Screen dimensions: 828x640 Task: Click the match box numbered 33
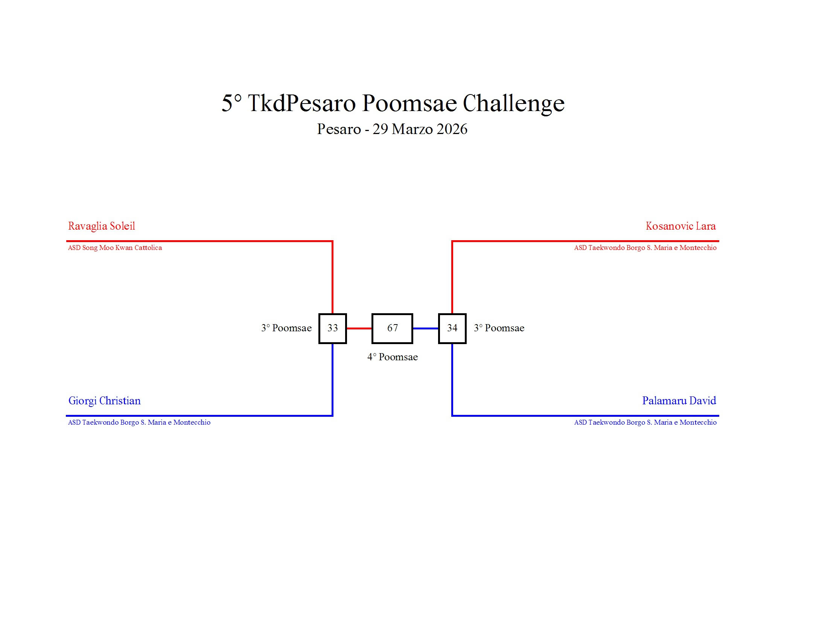(332, 328)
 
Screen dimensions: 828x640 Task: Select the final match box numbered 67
(393, 328)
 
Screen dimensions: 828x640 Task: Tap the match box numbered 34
(452, 328)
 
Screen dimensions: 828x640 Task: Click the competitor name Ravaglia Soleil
(102, 226)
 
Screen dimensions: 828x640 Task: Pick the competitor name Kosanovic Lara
(681, 226)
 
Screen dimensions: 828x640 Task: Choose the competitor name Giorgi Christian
(105, 401)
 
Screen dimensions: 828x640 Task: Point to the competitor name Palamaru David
(679, 401)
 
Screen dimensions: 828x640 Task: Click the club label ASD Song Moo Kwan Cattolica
(115, 248)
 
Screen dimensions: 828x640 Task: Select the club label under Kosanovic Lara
(645, 248)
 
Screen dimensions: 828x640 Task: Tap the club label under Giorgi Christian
(139, 422)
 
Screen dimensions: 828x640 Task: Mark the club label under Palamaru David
(645, 422)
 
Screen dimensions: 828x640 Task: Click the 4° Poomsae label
(393, 357)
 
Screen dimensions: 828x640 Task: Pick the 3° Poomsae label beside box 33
(286, 328)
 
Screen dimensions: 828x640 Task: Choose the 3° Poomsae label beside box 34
(499, 328)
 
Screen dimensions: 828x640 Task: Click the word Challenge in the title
(514, 104)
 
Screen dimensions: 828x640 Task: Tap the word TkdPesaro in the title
(302, 103)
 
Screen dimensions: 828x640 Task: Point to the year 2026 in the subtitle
(452, 129)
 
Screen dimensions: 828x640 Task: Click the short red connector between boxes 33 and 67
(359, 328)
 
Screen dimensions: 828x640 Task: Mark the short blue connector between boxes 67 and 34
(426, 328)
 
